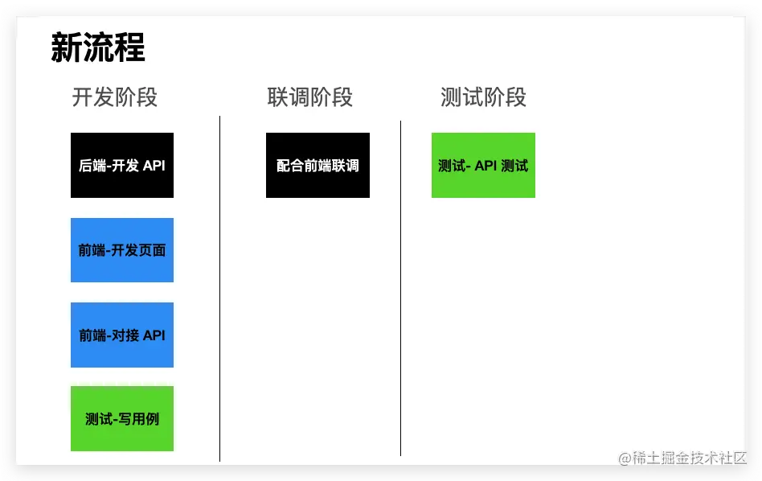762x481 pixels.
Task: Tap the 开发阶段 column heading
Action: pos(114,98)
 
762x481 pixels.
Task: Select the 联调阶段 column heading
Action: pos(309,98)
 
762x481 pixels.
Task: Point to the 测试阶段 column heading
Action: pos(483,98)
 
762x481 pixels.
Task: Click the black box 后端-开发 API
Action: pos(122,166)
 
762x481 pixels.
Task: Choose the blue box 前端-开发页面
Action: pos(122,250)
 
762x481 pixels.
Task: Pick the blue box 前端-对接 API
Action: pos(122,335)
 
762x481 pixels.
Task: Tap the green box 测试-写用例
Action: pos(122,419)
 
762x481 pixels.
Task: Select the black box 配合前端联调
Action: pos(317,166)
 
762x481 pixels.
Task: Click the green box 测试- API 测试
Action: pos(483,166)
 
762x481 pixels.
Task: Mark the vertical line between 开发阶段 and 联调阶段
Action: pos(219,290)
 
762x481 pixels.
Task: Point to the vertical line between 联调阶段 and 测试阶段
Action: pos(400,290)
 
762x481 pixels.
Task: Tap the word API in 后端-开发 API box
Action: pos(154,166)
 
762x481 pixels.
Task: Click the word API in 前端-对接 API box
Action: pos(154,335)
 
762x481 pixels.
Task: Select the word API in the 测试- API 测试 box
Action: pos(485,166)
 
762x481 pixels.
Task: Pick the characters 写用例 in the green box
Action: pos(140,419)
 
